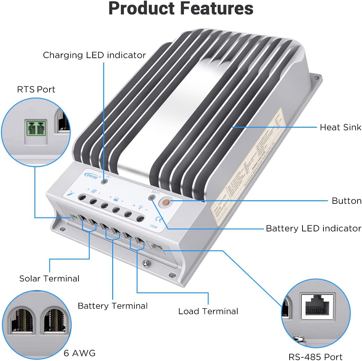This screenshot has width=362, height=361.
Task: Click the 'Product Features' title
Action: pos(181,9)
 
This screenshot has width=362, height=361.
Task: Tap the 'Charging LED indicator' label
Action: pos(94,55)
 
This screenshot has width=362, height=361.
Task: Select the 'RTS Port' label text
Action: pos(36,90)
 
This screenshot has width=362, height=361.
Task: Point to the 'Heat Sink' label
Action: pos(340,127)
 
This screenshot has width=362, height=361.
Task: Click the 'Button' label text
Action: pos(346,201)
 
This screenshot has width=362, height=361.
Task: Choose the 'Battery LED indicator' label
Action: pos(313,228)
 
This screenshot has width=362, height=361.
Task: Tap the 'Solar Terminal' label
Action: pos(49,279)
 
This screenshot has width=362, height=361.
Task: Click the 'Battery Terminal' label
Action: pos(113,306)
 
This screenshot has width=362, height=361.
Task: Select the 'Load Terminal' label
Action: pos(208,311)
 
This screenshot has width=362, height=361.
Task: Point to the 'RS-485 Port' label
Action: pos(315,357)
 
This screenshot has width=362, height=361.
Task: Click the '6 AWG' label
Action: pos(79,353)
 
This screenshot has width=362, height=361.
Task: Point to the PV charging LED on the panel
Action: pos(104,182)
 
